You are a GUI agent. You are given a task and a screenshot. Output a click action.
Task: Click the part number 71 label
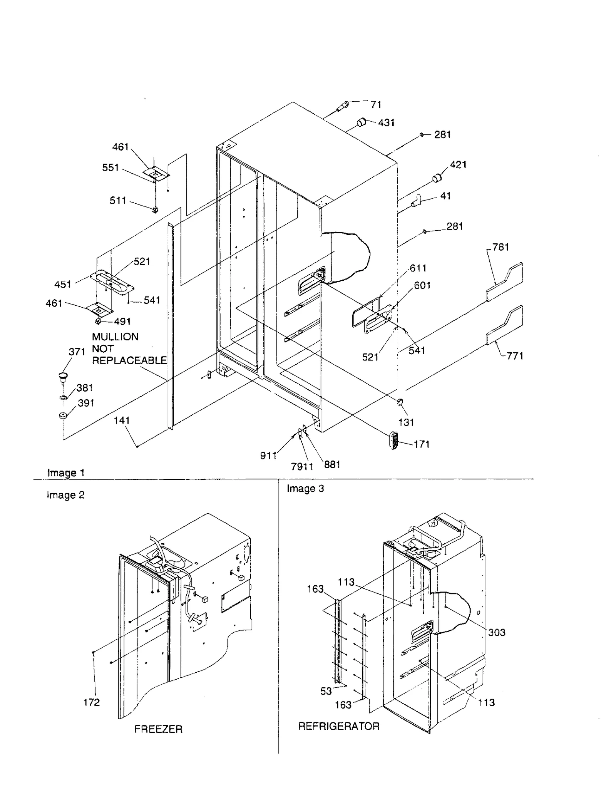375,104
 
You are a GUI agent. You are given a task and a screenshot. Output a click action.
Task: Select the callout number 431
386,123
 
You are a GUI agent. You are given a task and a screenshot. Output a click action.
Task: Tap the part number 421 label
458,165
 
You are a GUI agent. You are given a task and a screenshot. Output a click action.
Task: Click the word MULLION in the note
115,337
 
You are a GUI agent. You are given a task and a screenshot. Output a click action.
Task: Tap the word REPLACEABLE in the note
129,361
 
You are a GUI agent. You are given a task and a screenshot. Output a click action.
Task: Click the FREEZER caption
158,729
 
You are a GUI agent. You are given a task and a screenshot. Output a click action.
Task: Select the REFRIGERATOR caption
339,727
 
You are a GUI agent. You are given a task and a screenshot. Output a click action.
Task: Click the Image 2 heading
65,495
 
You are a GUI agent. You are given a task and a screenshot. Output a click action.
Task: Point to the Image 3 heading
305,489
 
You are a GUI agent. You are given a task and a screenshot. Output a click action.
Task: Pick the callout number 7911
302,467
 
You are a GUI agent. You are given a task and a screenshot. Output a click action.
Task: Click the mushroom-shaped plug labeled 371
63,376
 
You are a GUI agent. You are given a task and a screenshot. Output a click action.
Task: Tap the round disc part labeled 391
63,415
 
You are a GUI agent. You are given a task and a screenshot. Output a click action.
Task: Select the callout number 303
496,633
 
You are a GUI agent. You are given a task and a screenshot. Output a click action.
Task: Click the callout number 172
92,703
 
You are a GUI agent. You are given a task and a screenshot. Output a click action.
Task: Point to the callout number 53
326,691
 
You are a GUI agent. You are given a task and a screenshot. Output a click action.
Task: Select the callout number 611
418,268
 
